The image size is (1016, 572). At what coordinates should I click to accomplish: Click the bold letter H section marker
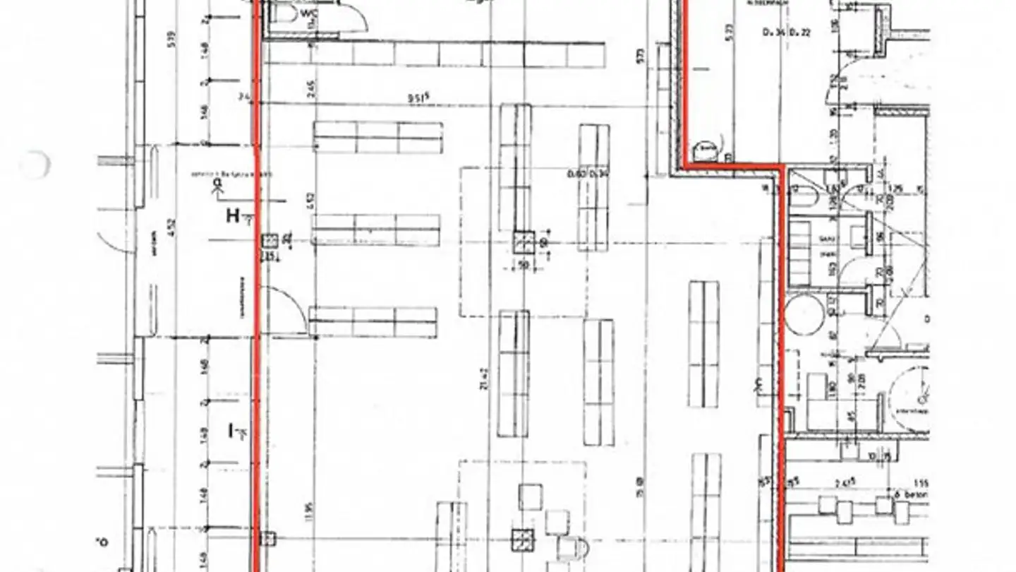pyautogui.click(x=233, y=215)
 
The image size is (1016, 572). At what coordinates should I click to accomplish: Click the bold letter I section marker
pyautogui.click(x=231, y=429)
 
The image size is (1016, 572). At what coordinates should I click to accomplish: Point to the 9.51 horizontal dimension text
pyautogui.click(x=418, y=97)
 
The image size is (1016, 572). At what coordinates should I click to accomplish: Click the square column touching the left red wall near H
pyautogui.click(x=269, y=242)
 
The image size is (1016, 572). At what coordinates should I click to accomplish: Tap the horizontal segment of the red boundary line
pyautogui.click(x=734, y=166)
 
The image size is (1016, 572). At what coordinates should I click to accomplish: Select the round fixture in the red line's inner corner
pyautogui.click(x=707, y=149)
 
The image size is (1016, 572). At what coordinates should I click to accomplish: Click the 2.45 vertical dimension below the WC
pyautogui.click(x=312, y=87)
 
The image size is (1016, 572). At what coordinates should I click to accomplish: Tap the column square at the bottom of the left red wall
pyautogui.click(x=267, y=540)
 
